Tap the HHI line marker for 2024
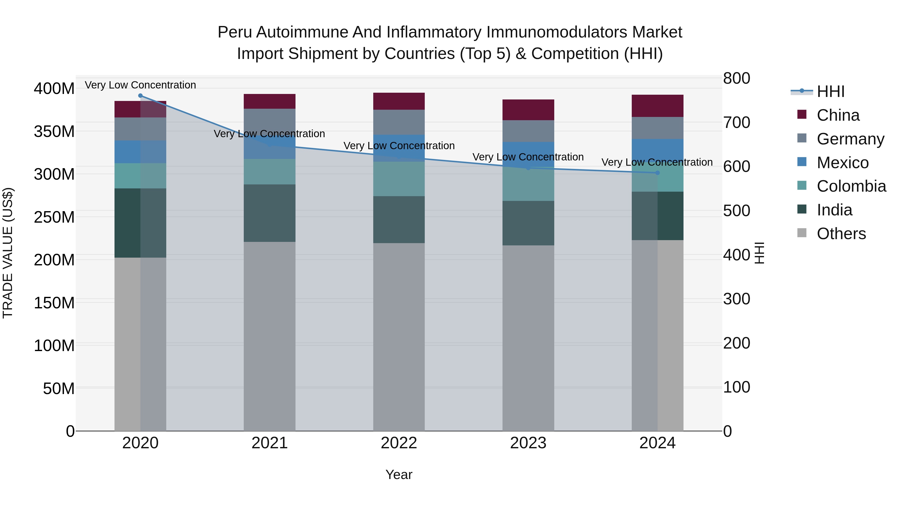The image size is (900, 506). point(657,173)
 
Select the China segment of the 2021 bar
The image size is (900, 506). point(269,101)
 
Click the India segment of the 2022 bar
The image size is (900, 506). point(399,219)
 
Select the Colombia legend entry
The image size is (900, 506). point(851,186)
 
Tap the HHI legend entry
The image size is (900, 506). point(830,91)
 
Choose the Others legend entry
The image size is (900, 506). point(841,234)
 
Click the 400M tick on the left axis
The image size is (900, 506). point(54,89)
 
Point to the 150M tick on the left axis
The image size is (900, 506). point(54,303)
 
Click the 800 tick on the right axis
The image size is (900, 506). point(736,78)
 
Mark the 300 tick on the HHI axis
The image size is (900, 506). point(736,299)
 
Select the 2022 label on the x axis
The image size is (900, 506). point(399,443)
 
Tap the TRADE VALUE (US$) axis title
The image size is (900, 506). point(8,253)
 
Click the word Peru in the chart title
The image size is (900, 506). point(234,32)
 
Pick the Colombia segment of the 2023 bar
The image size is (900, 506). point(528,184)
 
